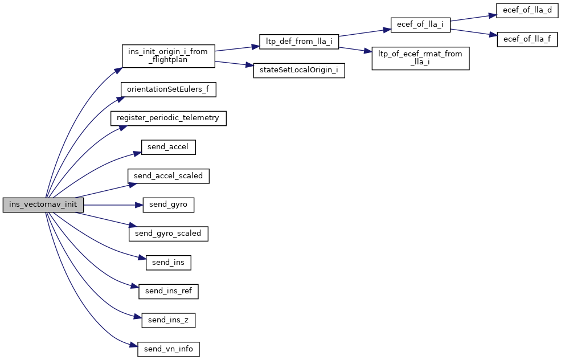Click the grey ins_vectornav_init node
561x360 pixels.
click(x=43, y=205)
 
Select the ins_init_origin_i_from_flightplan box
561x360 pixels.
click(x=168, y=56)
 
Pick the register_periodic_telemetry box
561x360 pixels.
click(x=168, y=118)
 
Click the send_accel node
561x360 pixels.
click(x=168, y=147)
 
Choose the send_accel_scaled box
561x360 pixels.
click(x=168, y=176)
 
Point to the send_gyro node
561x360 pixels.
click(x=168, y=205)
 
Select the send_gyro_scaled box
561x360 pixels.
click(x=168, y=234)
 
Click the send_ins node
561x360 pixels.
click(x=168, y=263)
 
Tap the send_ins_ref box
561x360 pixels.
click(x=168, y=291)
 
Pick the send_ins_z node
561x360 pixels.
click(x=168, y=320)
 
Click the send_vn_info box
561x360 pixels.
click(x=168, y=349)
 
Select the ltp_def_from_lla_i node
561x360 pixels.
click(x=299, y=41)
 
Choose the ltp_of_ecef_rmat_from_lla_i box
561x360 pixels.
click(x=420, y=59)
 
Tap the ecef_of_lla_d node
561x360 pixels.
click(x=527, y=10)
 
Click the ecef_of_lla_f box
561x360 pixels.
click(x=527, y=39)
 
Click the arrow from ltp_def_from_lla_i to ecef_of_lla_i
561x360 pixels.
click(x=365, y=32)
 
